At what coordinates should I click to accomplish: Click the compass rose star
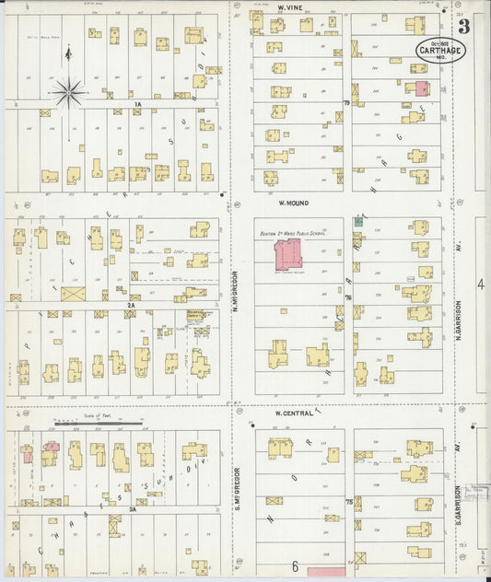point(68,91)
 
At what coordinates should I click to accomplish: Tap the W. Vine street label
point(291,6)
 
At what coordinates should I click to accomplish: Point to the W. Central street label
point(295,413)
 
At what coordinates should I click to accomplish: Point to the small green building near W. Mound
point(358,221)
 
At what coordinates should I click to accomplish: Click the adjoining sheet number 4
point(479,285)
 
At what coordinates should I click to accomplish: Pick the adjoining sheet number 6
point(296,565)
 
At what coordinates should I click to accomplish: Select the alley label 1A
point(137,106)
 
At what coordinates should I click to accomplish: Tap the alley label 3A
point(133,508)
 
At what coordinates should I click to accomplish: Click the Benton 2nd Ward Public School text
point(292,233)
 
